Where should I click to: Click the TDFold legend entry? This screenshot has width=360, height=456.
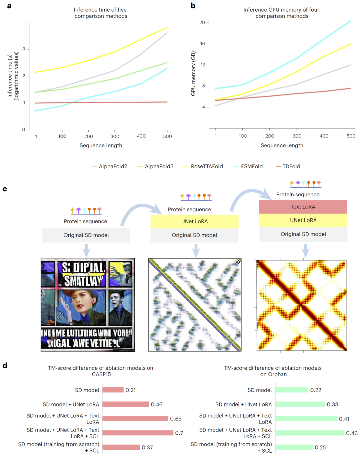(x=291, y=166)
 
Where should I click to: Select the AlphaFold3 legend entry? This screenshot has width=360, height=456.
(x=159, y=166)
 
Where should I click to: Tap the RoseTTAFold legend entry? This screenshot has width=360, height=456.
(x=206, y=166)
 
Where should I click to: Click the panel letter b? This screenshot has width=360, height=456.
(x=193, y=6)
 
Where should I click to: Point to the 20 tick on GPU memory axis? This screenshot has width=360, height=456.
(x=202, y=23)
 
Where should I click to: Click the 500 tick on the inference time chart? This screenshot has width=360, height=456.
(x=167, y=136)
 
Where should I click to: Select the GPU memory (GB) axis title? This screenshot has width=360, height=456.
(x=193, y=74)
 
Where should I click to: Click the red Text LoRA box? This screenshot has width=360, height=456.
(x=303, y=207)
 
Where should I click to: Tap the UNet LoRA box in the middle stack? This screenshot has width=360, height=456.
(x=194, y=221)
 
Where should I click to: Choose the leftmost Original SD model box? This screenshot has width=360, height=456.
(x=86, y=235)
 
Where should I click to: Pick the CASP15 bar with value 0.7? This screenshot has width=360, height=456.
(x=138, y=433)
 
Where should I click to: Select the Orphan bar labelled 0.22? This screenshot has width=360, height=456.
(x=292, y=390)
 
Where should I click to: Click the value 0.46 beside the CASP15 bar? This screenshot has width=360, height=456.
(x=157, y=404)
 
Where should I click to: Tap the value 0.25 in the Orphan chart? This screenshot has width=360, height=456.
(x=320, y=447)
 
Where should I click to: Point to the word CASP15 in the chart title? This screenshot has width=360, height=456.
(x=101, y=374)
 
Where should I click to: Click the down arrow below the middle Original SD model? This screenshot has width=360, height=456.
(x=196, y=250)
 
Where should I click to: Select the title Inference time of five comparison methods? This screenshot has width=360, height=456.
(x=101, y=13)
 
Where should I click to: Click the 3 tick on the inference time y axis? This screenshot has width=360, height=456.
(x=24, y=49)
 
